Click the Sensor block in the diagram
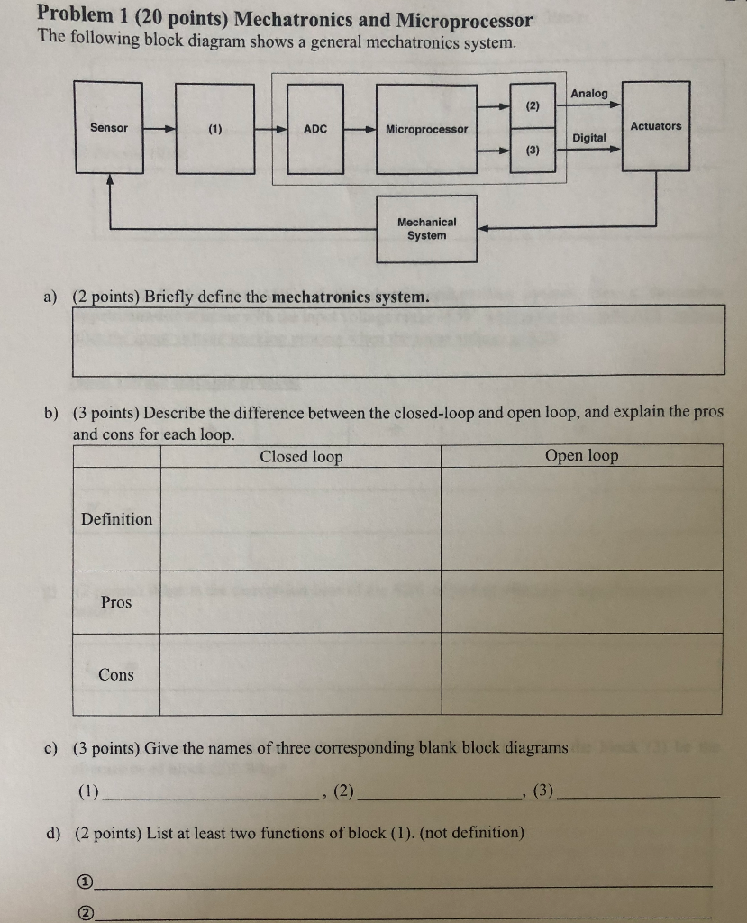pos(109,127)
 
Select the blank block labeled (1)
pos(214,128)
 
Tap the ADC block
pos(315,128)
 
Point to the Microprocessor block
pos(426,128)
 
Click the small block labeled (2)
pos(533,106)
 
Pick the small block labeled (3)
pos(533,151)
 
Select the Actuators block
pos(656,126)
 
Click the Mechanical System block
pos(426,229)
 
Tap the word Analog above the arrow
pos(589,94)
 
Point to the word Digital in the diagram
pos(589,138)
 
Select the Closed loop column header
pos(301,456)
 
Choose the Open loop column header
pos(581,455)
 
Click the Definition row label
pos(116,519)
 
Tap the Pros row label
pos(116,602)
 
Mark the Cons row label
pos(116,675)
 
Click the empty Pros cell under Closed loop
pos(300,601)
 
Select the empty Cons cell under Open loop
pos(581,674)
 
